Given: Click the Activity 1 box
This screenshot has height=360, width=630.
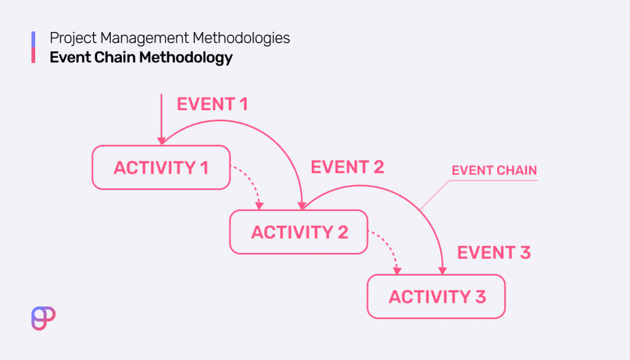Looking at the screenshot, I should [x=161, y=167].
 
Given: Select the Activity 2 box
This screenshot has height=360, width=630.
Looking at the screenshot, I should [x=298, y=232].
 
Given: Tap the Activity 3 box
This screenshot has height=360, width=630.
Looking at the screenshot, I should [x=436, y=297].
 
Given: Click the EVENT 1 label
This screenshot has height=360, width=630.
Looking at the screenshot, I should [x=212, y=104].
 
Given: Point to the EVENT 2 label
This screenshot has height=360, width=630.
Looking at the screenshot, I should [x=347, y=167].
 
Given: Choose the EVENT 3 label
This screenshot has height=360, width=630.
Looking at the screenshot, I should [x=493, y=252].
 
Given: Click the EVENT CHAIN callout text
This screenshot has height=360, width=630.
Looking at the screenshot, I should [x=494, y=170].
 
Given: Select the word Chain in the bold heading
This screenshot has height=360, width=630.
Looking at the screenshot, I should [x=113, y=58].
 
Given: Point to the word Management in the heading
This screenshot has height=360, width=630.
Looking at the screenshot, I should [x=142, y=38].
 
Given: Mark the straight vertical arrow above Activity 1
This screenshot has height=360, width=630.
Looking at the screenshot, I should [x=161, y=117].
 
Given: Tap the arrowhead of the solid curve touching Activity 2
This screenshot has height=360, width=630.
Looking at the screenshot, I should [x=303, y=205].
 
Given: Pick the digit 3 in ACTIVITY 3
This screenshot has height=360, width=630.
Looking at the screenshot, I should [x=480, y=297].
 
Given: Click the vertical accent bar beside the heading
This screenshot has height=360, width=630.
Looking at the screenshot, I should [x=33, y=47].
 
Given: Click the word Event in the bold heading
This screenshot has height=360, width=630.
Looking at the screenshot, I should [x=67, y=58].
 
